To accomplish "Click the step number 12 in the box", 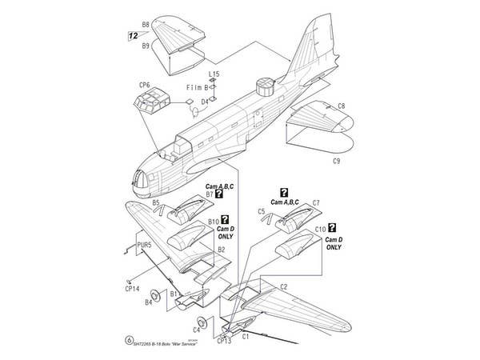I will (132, 35).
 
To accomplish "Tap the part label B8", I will (146, 25).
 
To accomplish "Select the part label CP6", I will (144, 84).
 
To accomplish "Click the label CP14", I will (132, 289).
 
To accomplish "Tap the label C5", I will (262, 212).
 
